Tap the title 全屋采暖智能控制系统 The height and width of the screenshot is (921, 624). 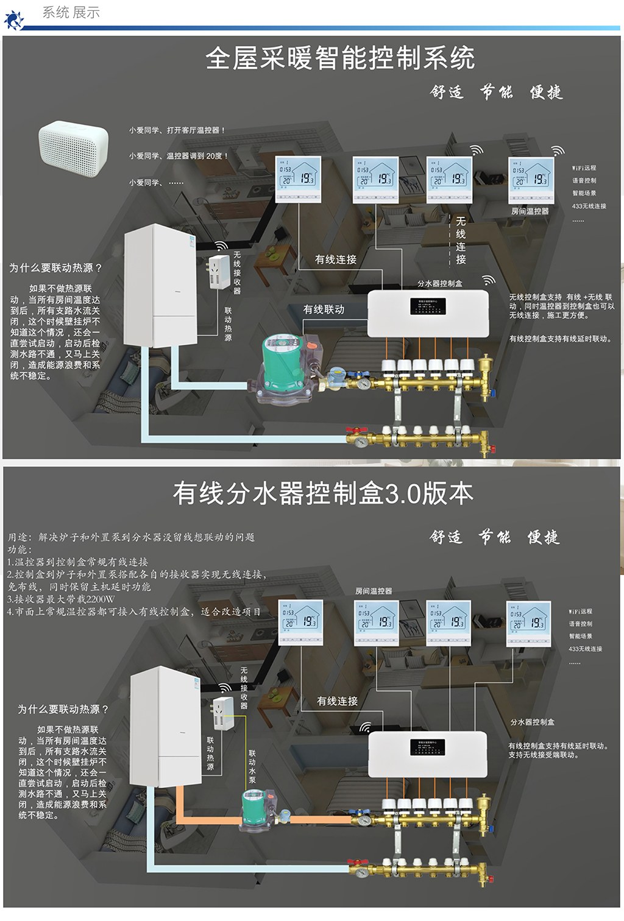339,58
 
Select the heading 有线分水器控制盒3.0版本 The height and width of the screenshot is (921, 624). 323,493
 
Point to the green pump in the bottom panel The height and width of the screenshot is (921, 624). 253,808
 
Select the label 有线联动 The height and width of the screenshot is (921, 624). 324,309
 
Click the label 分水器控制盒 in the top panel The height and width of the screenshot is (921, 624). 439,283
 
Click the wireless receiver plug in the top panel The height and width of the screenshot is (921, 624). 219,272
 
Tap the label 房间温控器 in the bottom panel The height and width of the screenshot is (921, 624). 374,591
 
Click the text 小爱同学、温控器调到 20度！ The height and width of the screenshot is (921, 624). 178,156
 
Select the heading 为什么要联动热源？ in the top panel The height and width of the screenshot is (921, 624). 55,268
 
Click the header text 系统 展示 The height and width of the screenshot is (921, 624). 71,12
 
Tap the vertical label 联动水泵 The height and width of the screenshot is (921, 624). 252,766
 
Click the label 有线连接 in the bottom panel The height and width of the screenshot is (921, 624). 337,701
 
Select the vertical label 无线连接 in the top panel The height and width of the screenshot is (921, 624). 461,240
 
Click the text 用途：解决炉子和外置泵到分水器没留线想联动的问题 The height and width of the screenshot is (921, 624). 131,537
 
